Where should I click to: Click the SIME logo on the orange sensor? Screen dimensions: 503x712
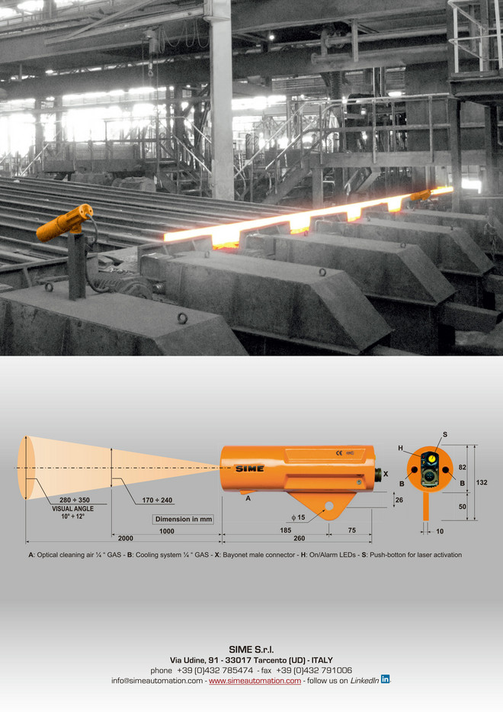249,468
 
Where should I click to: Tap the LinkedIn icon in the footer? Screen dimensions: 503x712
385,679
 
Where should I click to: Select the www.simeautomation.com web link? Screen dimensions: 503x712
255,681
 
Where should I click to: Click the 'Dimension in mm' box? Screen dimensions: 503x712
183,519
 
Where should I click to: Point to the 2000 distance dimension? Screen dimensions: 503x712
126,538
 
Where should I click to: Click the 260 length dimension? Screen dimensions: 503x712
300,538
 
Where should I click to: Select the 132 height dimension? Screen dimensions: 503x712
482,482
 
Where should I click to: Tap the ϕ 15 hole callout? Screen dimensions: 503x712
298,517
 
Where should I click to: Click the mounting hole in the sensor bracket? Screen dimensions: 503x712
328,506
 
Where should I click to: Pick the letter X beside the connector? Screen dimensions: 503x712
386,474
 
